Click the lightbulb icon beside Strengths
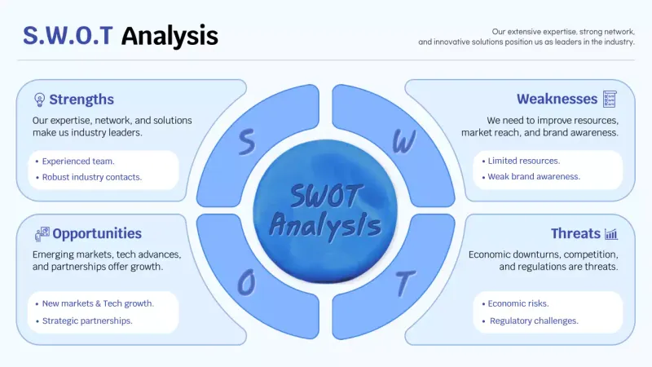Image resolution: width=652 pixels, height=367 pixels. point(39,99)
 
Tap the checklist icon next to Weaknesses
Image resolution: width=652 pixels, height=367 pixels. point(610,99)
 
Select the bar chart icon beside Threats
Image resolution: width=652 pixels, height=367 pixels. point(610,234)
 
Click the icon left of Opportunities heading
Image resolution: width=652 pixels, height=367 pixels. point(42,234)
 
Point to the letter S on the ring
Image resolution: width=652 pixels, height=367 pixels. point(245,143)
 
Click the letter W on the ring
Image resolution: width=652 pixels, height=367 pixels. point(403,142)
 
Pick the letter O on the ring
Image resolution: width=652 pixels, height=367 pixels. point(246,282)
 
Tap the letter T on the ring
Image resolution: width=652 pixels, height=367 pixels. point(403,283)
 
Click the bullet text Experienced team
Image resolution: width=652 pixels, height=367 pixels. point(78,161)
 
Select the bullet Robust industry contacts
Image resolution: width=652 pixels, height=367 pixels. point(91,177)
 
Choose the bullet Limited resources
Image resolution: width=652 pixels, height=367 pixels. point(523,161)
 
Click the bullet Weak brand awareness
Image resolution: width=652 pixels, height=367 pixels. point(534,176)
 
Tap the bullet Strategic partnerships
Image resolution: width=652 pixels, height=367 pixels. point(87,321)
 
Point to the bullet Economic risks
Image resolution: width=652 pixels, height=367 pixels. point(518,303)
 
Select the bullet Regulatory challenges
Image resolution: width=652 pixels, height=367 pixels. point(534,321)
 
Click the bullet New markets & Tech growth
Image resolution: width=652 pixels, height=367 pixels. point(98,303)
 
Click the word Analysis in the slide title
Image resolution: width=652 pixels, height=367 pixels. point(170,35)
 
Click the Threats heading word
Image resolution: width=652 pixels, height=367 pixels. point(575,234)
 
